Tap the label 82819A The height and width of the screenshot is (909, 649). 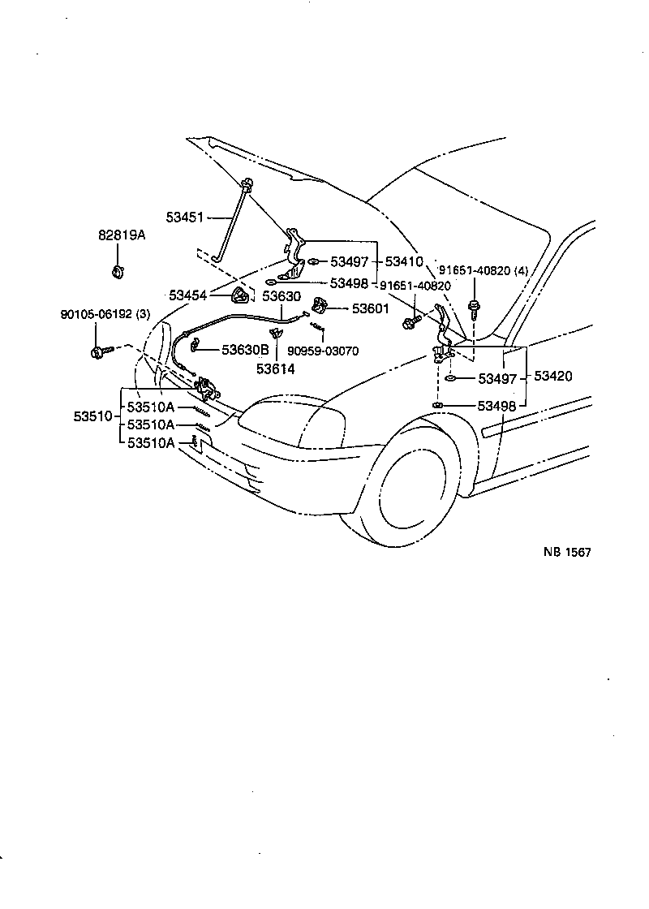coord(122,235)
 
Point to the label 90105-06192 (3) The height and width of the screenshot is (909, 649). coord(105,314)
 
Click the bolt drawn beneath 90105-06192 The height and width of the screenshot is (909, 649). coord(100,352)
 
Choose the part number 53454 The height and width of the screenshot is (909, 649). coord(187,295)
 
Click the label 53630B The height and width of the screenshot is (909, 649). coord(245,351)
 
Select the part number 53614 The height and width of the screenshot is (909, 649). coord(275,368)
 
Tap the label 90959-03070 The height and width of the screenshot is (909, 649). coord(323,351)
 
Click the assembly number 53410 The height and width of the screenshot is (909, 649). coord(404,262)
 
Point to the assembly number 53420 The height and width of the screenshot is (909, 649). coord(552,377)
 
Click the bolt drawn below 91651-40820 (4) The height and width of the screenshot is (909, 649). coord(473,308)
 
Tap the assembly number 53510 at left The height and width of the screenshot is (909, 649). coord(91,416)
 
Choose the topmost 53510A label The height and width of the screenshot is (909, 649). coord(150,407)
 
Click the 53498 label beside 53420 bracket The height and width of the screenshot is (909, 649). coord(496,404)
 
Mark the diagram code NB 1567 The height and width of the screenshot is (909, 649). coord(567,552)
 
